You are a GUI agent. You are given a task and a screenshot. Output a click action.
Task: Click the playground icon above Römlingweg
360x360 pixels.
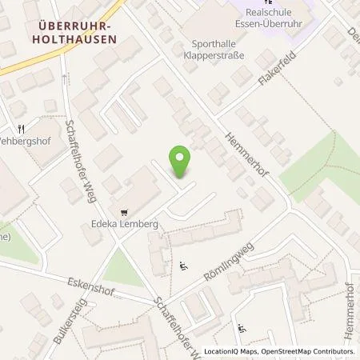186,266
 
